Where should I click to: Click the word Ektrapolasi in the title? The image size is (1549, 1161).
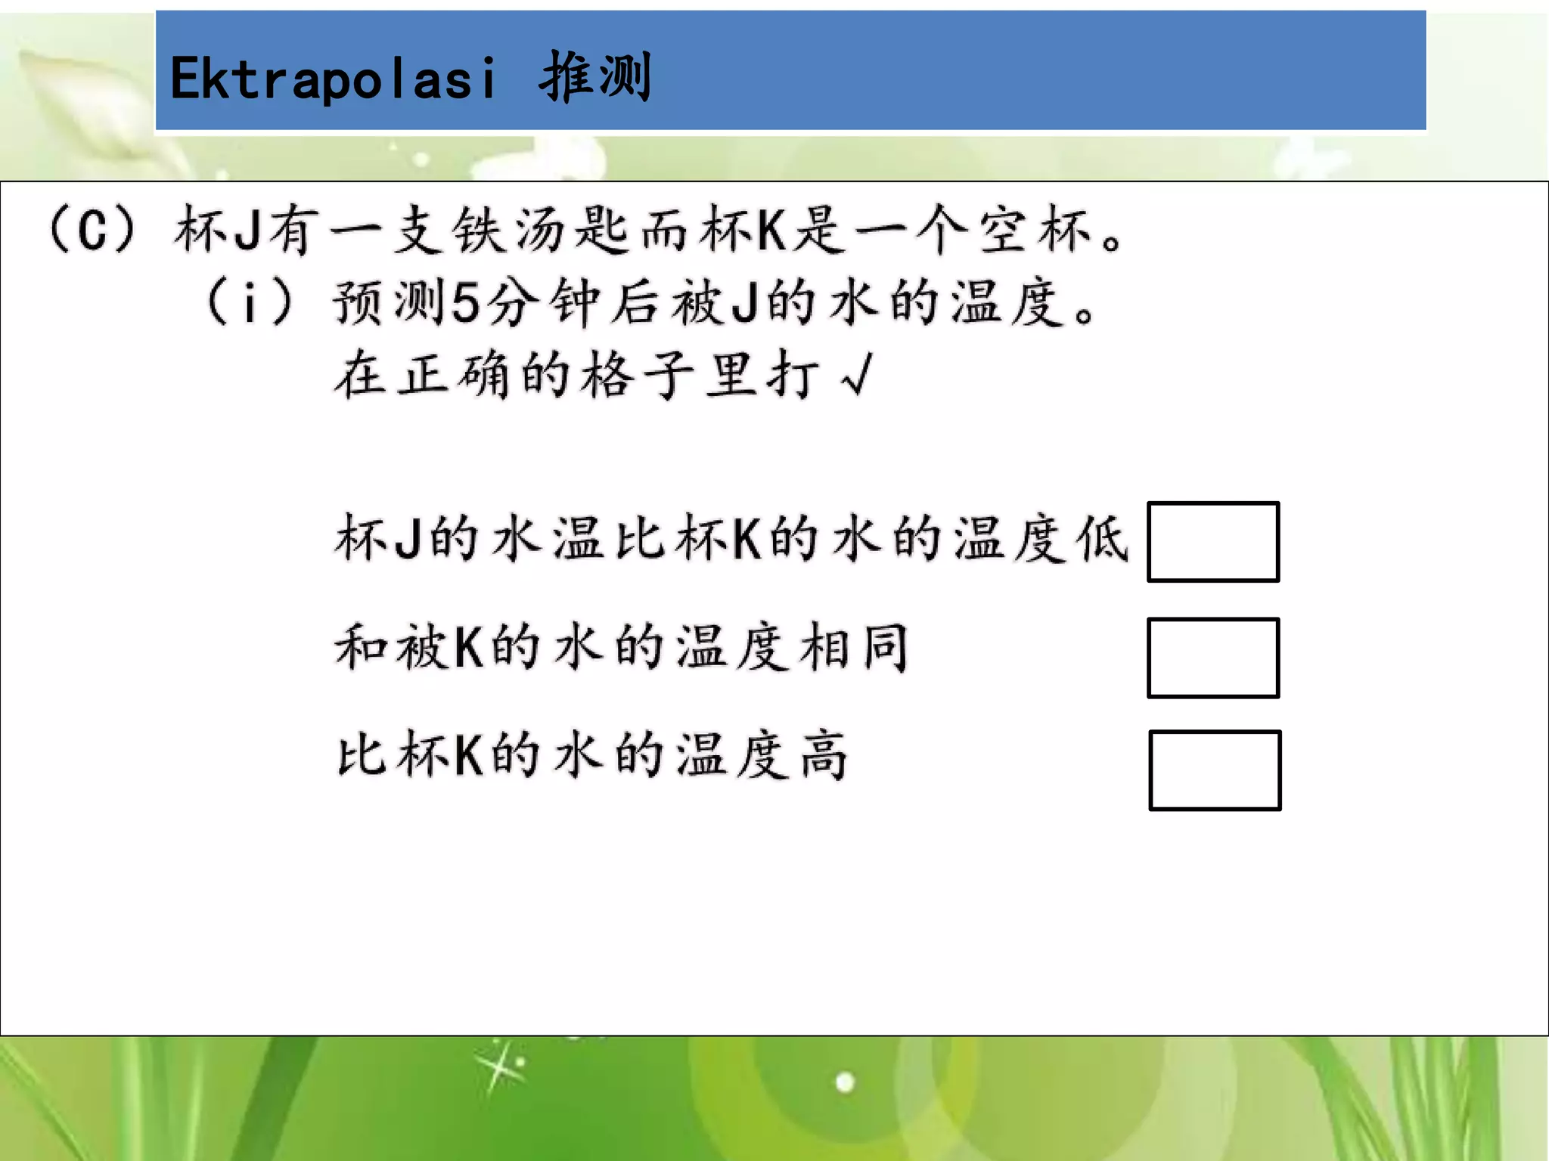point(333,79)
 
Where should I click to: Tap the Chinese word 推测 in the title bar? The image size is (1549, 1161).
point(594,77)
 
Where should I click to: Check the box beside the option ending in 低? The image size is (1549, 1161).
point(1212,542)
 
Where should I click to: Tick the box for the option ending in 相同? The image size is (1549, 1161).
point(1212,658)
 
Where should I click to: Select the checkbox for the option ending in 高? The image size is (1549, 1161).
point(1214,770)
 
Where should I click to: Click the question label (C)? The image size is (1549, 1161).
point(92,230)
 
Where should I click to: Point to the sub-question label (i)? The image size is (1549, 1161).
point(249,302)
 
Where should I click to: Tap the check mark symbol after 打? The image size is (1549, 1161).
point(857,375)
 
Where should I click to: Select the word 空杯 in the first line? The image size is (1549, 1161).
point(1035,230)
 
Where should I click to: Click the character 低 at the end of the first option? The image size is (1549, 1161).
point(1104,540)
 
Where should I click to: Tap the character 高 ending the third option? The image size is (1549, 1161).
point(824,755)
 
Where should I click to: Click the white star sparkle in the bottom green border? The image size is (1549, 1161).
point(498,1067)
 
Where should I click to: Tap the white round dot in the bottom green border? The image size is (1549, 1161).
point(845,1082)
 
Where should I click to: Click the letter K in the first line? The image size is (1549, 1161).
point(771,230)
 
